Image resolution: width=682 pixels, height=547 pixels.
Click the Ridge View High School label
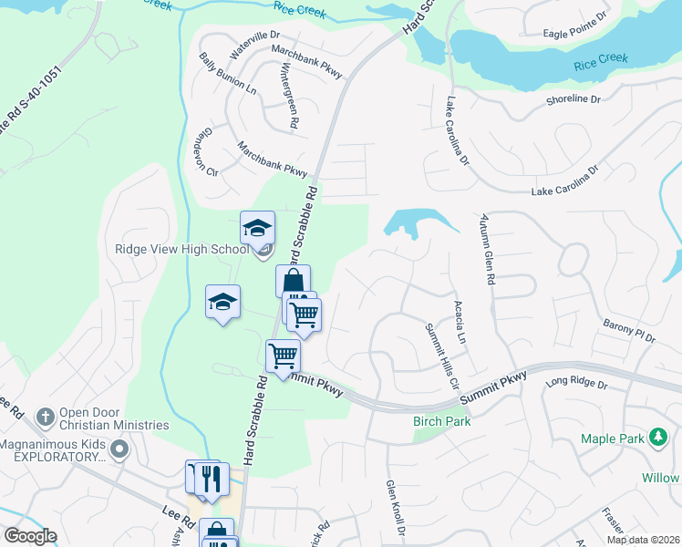tap(181, 249)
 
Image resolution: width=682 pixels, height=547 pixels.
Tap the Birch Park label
tap(441, 422)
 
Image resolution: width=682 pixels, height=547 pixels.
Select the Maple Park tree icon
tap(656, 439)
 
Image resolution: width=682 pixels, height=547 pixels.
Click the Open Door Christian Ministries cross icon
tap(43, 417)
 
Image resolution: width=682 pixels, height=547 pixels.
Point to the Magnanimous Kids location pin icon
tap(119, 448)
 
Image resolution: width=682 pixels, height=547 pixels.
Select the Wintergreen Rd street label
tap(290, 95)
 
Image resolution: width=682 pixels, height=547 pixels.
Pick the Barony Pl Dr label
tap(629, 330)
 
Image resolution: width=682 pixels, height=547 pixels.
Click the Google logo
tap(30, 536)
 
